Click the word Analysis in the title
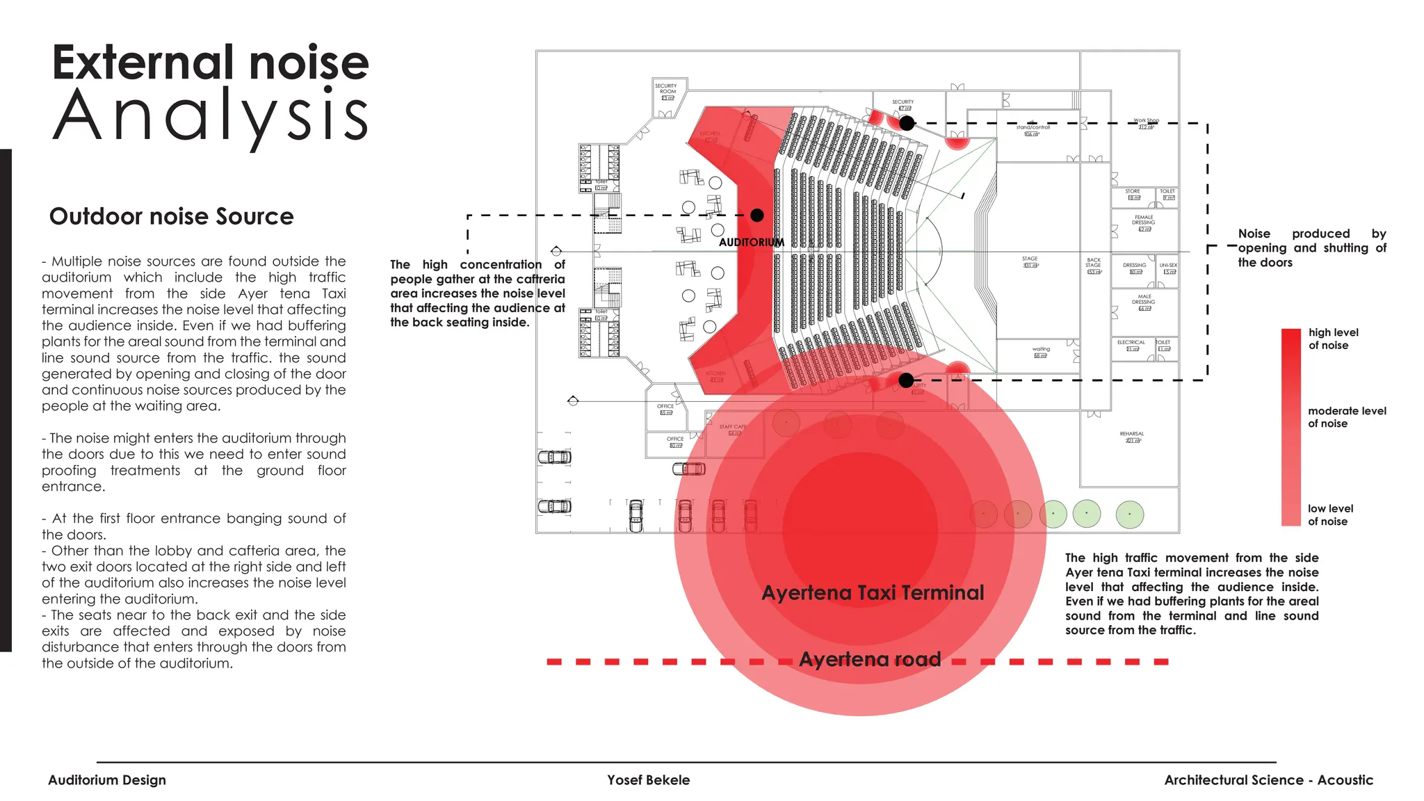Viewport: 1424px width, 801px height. click(210, 115)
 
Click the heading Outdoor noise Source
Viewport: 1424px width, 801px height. click(171, 216)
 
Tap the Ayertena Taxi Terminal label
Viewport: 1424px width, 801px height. click(873, 592)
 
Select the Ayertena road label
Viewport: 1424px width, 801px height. click(870, 658)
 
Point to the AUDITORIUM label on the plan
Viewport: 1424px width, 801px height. click(751, 243)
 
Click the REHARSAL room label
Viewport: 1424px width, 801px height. click(1132, 434)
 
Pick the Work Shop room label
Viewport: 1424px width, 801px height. click(1146, 121)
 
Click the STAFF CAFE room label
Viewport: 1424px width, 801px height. click(732, 427)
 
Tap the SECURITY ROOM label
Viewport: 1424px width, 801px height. click(667, 89)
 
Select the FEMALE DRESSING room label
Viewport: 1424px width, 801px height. click(1144, 220)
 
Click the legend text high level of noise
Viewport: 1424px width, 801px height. click(1333, 339)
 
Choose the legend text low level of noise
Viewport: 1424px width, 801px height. click(1330, 515)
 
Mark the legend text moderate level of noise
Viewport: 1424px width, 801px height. click(1347, 417)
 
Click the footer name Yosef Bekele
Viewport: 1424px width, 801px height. click(648, 780)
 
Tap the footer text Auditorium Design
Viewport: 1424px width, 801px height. click(107, 780)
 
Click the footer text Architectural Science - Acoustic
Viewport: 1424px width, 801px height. click(1268, 780)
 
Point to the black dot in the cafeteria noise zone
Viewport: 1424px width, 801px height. click(757, 216)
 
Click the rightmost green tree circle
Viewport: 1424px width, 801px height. click(1129, 515)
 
